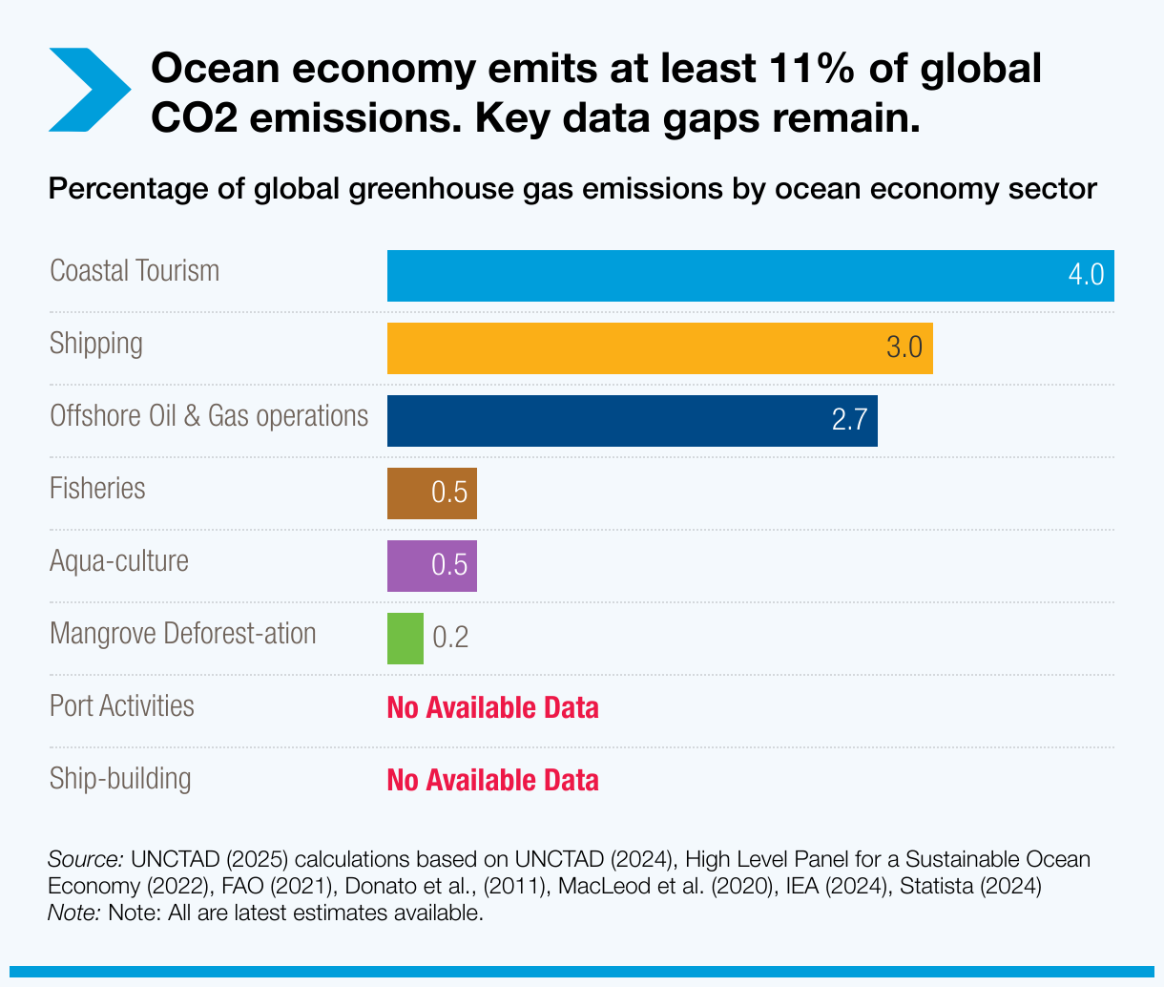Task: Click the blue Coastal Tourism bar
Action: (725, 276)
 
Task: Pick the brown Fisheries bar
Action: (410, 493)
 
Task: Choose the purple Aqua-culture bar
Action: (410, 566)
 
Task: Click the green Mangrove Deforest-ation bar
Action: (405, 639)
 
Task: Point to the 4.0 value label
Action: (1086, 276)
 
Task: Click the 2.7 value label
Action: (848, 421)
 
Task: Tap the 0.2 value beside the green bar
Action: (450, 638)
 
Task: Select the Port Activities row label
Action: (121, 706)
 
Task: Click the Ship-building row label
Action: (120, 779)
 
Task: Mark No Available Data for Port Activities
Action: (492, 708)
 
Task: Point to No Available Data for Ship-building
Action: (492, 781)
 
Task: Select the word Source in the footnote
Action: (85, 859)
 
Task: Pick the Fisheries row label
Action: (97, 489)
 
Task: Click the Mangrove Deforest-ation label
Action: (182, 634)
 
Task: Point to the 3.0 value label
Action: (904, 347)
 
